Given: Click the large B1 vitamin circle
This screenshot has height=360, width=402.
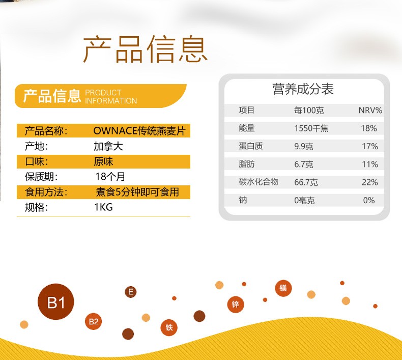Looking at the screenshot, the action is pos(56,302).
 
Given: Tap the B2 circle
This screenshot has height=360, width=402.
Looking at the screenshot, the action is pos(93,321).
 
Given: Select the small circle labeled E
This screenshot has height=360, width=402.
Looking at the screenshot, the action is pos(130,292).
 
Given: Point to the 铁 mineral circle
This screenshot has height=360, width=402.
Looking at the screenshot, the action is pos(169,327).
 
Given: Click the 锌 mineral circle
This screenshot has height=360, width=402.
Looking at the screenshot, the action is pos(236,304).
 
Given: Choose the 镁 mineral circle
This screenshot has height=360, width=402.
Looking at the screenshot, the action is pos(283,288).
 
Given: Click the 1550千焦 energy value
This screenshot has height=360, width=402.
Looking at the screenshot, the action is pos(311,128).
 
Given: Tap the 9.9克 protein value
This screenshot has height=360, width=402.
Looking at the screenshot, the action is pos(304,146).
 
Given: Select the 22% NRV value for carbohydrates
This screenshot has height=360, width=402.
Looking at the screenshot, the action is pos(370,182).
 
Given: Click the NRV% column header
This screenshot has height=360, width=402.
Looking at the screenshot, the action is pos(370,110).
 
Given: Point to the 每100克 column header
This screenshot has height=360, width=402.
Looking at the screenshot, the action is pos(309,110).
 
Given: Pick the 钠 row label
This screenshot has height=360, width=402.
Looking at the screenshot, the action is pos(243,200).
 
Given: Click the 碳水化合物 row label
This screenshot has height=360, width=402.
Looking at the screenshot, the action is pos(259,182).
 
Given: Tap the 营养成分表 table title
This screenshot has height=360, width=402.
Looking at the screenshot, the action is pos(303,89).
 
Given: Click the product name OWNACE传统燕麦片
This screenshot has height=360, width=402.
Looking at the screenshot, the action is pos(139,131).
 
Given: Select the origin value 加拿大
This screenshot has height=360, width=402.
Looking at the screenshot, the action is pos(108,146).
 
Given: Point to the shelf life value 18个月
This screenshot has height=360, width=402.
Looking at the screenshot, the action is pos(110,177).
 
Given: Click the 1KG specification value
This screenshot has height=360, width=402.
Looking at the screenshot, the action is pos(104,207).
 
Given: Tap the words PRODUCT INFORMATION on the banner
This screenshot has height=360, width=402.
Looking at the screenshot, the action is pos(111,96).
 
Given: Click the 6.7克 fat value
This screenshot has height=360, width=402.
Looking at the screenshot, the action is pos(304,164).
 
